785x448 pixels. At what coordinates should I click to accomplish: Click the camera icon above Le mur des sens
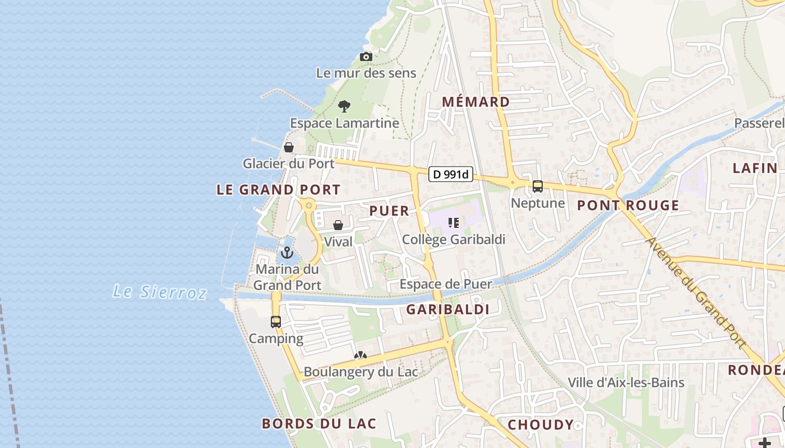tap(366, 57)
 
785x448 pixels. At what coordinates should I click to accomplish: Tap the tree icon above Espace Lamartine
tap(344, 106)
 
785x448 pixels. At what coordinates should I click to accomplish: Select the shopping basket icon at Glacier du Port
tap(288, 147)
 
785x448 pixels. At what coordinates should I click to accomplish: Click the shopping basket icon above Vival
tap(338, 225)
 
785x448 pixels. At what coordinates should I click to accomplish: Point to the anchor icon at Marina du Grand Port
tap(287, 253)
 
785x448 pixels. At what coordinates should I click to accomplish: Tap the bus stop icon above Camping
tap(275, 322)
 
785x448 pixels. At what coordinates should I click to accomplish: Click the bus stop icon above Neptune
tap(538, 186)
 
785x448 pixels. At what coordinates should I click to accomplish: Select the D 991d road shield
tap(451, 175)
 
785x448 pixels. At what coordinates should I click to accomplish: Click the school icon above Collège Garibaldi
tap(454, 223)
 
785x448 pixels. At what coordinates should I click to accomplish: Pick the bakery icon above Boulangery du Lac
tap(360, 356)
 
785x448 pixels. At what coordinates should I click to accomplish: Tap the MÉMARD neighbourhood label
tap(476, 102)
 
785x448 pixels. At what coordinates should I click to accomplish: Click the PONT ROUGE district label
tap(628, 206)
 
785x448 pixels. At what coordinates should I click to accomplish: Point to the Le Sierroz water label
tap(160, 292)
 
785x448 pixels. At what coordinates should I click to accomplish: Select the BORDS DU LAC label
tap(319, 423)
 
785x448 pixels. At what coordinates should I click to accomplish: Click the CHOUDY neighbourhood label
tap(541, 425)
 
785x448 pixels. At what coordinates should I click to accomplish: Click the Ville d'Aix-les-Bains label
tap(626, 382)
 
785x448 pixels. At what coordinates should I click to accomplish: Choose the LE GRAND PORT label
tap(278, 190)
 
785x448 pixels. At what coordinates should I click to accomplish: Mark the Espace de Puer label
tap(445, 284)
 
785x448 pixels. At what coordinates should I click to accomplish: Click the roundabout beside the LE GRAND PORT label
tap(308, 205)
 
